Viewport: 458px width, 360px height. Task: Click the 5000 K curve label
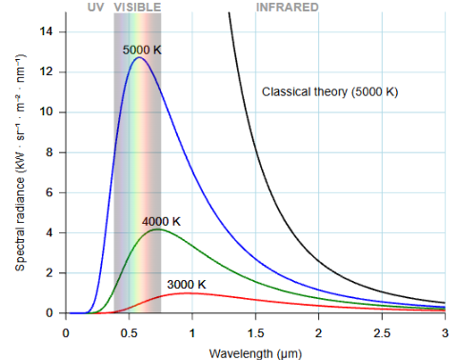(142, 49)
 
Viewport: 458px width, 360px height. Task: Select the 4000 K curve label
(161, 221)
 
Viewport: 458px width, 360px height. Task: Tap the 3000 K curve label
(186, 284)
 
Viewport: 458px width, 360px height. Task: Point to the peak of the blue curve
(139, 58)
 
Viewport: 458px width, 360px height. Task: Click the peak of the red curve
(190, 293)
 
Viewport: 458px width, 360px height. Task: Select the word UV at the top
(95, 7)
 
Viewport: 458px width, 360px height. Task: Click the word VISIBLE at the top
(137, 7)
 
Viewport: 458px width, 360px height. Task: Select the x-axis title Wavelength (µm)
(255, 353)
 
